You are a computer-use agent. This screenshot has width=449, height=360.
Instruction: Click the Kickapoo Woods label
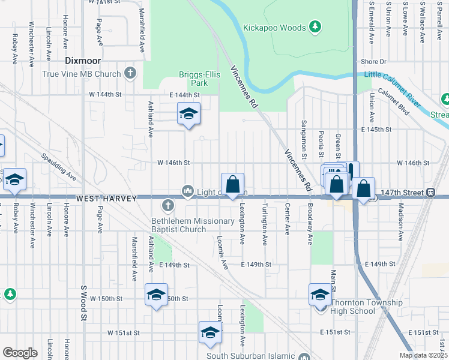(x=275, y=28)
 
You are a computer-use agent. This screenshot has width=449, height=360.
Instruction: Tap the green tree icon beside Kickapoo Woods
(x=315, y=27)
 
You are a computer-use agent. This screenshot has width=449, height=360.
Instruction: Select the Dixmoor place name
(x=82, y=61)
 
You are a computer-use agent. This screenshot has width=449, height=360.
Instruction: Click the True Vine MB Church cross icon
(x=130, y=74)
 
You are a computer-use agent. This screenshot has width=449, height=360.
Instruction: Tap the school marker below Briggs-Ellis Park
(x=188, y=114)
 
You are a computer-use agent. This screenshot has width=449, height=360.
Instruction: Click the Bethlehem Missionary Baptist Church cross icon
(x=167, y=206)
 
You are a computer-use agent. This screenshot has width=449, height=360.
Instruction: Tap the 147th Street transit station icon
(x=430, y=193)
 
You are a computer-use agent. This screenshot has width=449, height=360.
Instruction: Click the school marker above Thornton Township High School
(x=320, y=294)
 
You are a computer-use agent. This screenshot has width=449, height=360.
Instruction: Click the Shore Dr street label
(x=373, y=62)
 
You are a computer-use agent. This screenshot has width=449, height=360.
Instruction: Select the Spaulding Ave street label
(x=58, y=167)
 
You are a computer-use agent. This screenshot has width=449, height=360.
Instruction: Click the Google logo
(x=20, y=353)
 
